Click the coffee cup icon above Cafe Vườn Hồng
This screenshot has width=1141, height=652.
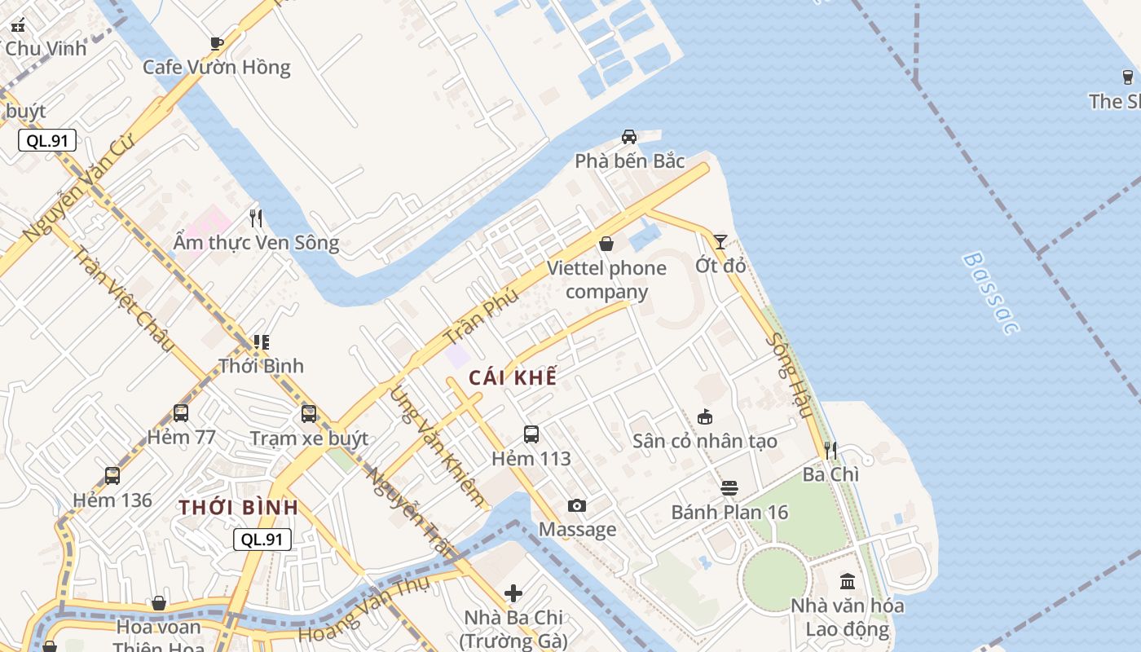[216, 43]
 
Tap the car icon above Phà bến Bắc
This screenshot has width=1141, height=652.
[629, 136]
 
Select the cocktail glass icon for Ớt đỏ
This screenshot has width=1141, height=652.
[720, 241]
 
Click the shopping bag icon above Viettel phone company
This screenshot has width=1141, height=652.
[606, 243]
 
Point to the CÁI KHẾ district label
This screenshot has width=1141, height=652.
[513, 377]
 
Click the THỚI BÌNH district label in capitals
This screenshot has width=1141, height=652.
[239, 507]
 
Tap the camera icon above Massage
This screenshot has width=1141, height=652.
[577, 506]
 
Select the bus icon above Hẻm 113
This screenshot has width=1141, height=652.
[531, 434]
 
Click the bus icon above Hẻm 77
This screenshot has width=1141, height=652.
[181, 413]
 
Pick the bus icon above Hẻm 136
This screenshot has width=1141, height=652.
[112, 476]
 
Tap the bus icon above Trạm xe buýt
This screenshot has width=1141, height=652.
[309, 414]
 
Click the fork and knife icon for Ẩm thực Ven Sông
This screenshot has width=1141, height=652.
[256, 218]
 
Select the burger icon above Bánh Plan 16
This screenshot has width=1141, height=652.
[729, 488]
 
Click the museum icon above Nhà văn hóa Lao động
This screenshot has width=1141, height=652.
[848, 582]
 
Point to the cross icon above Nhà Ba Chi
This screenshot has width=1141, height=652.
[513, 593]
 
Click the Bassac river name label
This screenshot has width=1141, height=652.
[990, 293]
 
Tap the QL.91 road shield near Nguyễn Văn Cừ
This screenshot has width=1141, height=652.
[47, 140]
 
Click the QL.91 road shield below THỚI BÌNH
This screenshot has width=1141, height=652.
[262, 539]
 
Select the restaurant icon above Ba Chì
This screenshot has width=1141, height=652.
[830, 450]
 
